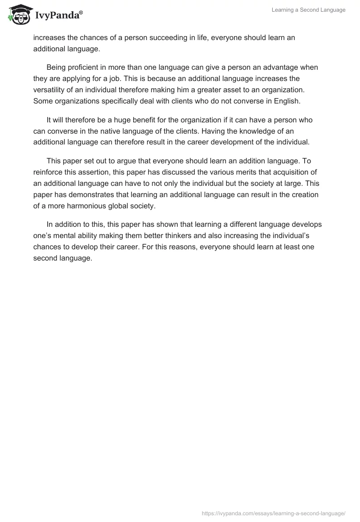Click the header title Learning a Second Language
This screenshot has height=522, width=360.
click(308, 10)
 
